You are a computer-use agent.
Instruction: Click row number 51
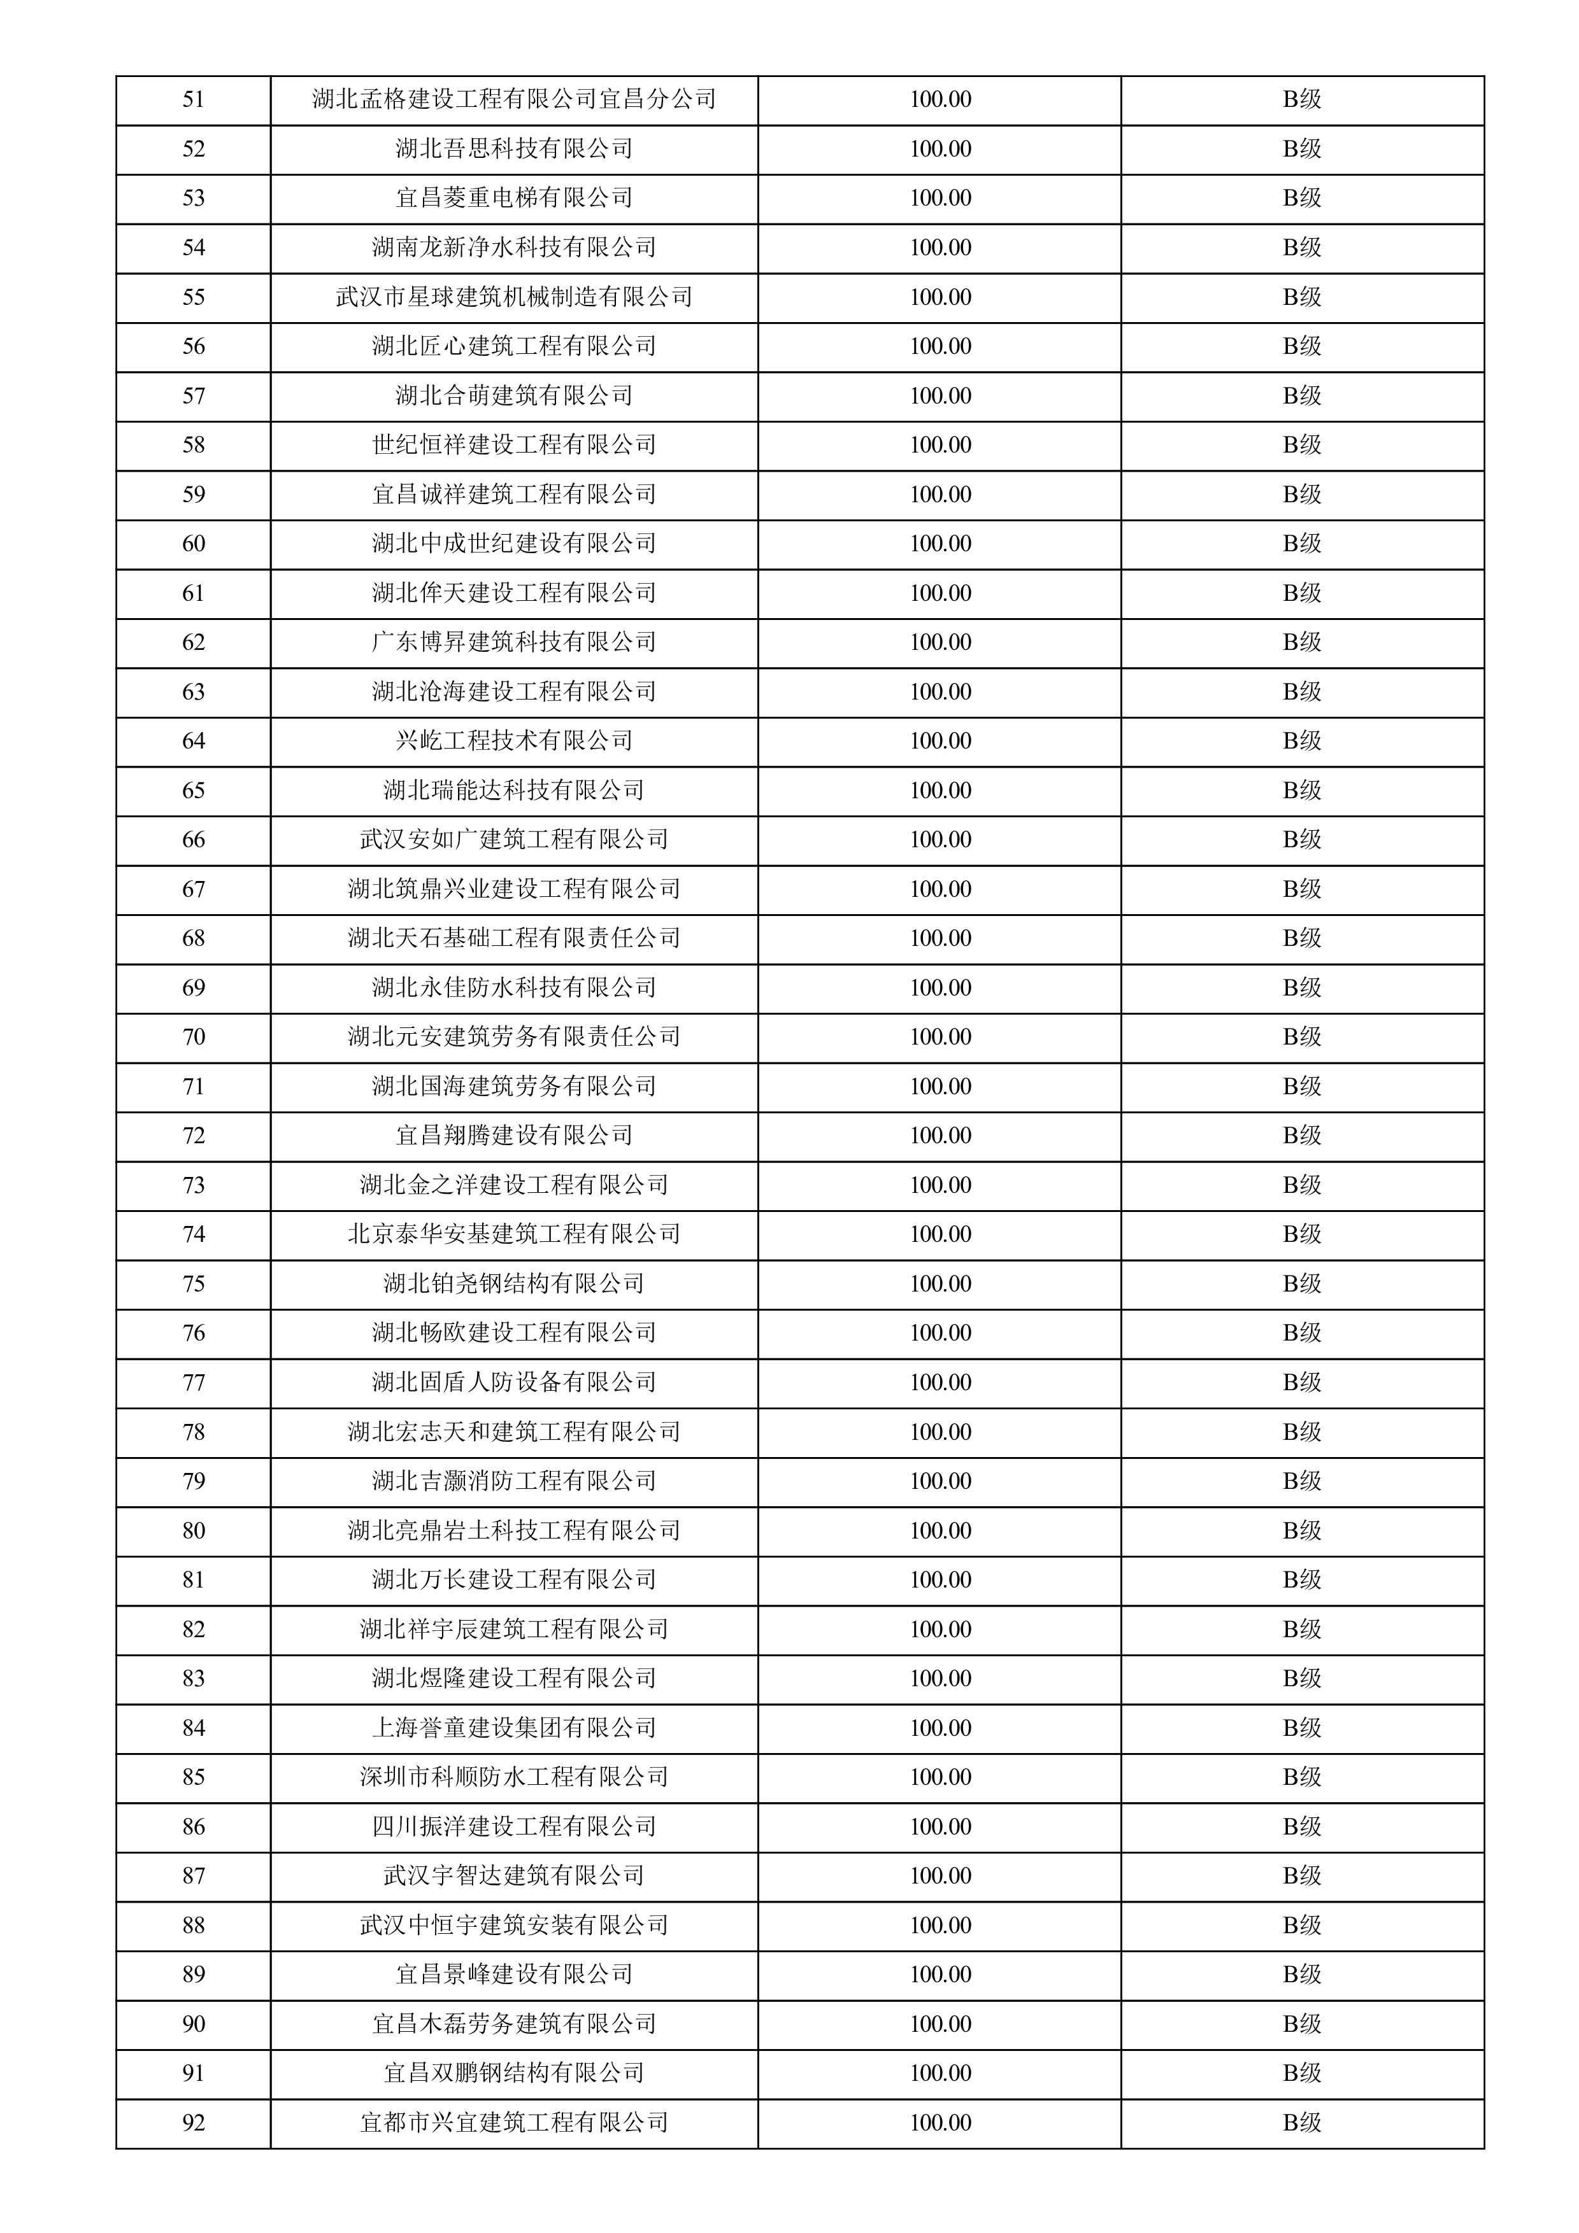pyautogui.click(x=194, y=99)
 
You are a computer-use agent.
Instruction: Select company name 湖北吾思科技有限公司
pyautogui.click(x=513, y=149)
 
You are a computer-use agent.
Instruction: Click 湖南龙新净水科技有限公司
pyautogui.click(x=513, y=247)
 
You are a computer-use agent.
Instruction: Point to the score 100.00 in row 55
pyautogui.click(x=940, y=297)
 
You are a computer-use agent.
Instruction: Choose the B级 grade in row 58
pyautogui.click(x=1302, y=444)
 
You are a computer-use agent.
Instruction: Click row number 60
pyautogui.click(x=194, y=544)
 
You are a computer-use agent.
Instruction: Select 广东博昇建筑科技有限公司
pyautogui.click(x=513, y=642)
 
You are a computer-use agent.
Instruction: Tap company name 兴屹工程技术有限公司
pyautogui.click(x=513, y=741)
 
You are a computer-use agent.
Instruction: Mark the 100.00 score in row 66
pyautogui.click(x=940, y=840)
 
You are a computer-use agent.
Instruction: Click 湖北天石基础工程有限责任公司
pyautogui.click(x=513, y=938)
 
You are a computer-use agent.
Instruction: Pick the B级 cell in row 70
pyautogui.click(x=1302, y=1037)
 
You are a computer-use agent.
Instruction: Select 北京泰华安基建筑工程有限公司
pyautogui.click(x=513, y=1234)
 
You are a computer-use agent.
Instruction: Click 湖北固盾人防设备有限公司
pyautogui.click(x=513, y=1382)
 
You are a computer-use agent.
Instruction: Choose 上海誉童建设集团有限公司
pyautogui.click(x=513, y=1728)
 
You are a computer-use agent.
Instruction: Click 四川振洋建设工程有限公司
pyautogui.click(x=513, y=1826)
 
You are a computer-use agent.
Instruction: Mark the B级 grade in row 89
pyautogui.click(x=1302, y=1975)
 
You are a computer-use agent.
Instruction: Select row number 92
pyautogui.click(x=194, y=2122)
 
